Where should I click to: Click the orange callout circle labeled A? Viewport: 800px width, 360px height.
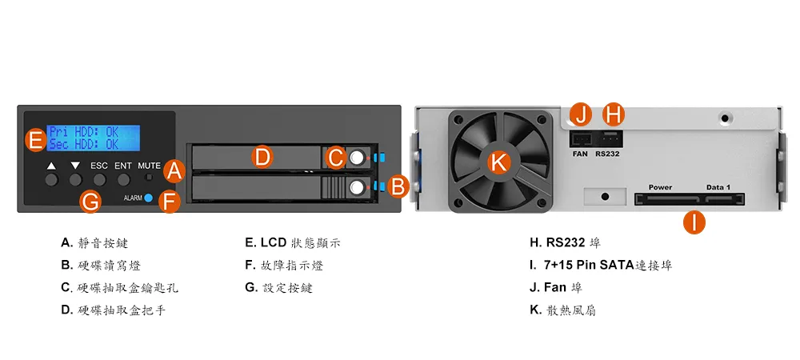pyautogui.click(x=174, y=171)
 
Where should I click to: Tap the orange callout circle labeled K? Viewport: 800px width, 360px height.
pyautogui.click(x=498, y=162)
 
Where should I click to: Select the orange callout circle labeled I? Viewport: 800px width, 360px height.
pyautogui.click(x=694, y=222)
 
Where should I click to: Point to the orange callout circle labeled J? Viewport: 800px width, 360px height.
pyautogui.click(x=581, y=115)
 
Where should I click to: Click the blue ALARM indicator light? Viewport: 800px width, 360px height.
pyautogui.click(x=148, y=198)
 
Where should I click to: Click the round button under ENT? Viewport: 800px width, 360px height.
pyautogui.click(x=124, y=179)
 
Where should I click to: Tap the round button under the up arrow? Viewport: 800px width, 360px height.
pyautogui.click(x=51, y=179)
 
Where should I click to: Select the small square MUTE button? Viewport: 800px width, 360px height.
pyautogui.click(x=149, y=178)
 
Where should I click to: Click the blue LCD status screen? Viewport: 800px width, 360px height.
pyautogui.click(x=94, y=138)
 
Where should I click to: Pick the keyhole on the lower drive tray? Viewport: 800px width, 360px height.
pyautogui.click(x=357, y=188)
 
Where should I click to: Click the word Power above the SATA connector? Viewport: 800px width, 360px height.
pyautogui.click(x=660, y=187)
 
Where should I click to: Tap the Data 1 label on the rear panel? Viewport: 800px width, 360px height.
pyautogui.click(x=718, y=187)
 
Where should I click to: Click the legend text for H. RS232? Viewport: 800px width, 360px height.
pyautogui.click(x=566, y=242)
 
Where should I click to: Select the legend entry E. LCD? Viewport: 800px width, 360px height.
pyautogui.click(x=293, y=242)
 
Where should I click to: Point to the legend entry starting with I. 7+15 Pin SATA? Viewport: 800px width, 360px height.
pyautogui.click(x=601, y=265)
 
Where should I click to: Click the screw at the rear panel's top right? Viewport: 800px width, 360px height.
pyautogui.click(x=725, y=119)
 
